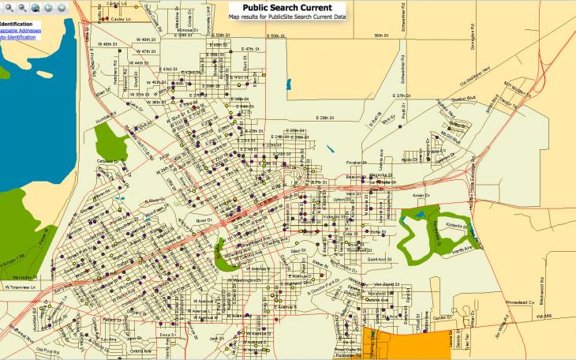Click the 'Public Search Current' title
tap(286, 7)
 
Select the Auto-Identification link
tap(17, 37)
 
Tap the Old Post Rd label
tap(48, 348)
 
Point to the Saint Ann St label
tap(381, 258)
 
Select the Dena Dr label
tap(166, 335)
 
